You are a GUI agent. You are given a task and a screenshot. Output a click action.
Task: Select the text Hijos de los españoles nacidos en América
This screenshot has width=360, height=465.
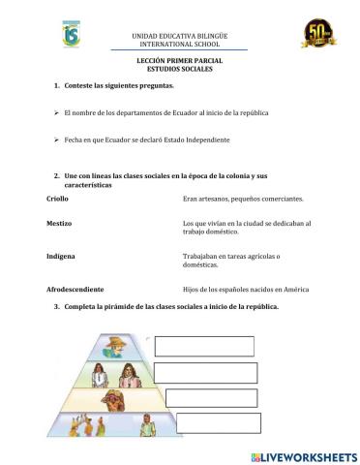pos(245,289)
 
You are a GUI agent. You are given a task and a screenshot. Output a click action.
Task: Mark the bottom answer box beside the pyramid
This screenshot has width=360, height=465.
pos(205,421)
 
